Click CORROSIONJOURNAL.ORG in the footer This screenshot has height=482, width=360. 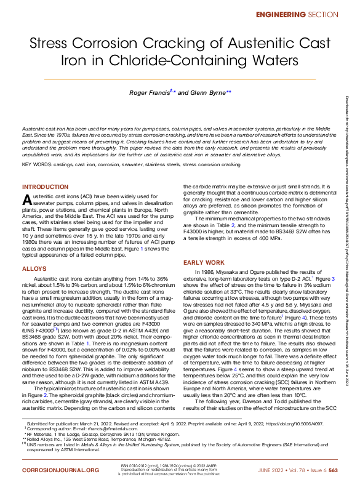point(60,470)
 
